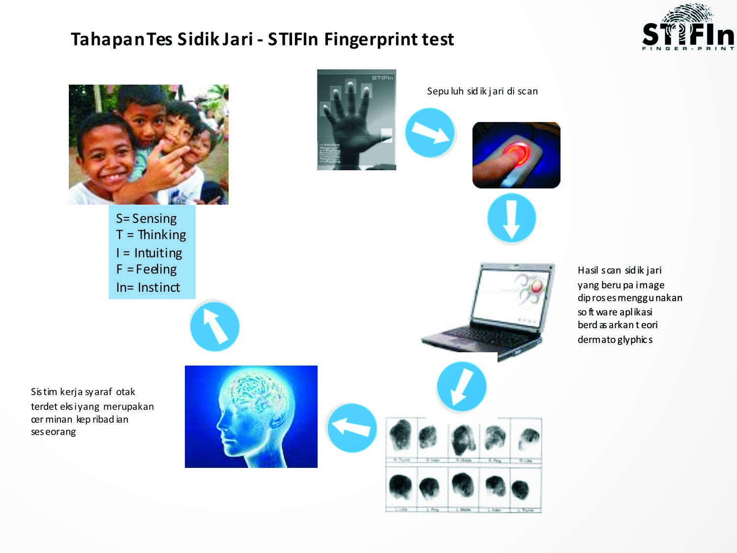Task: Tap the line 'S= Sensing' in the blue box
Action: pyautogui.click(x=147, y=218)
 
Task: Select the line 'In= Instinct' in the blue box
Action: pyautogui.click(x=148, y=287)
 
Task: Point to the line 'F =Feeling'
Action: pyautogui.click(x=147, y=269)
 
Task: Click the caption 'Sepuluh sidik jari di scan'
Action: pyautogui.click(x=482, y=91)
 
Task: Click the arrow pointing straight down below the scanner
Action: pyautogui.click(x=511, y=218)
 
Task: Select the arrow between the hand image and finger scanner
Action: pyautogui.click(x=430, y=133)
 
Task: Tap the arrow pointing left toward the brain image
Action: pyautogui.click(x=351, y=428)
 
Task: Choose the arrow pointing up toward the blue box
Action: pyautogui.click(x=214, y=326)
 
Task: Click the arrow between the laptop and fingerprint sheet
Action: pyautogui.click(x=461, y=387)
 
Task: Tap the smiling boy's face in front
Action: pyautogui.click(x=106, y=157)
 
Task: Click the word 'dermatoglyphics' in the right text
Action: pyautogui.click(x=615, y=339)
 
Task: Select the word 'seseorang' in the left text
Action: pyautogui.click(x=54, y=432)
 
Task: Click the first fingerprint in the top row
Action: pyautogui.click(x=401, y=435)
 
